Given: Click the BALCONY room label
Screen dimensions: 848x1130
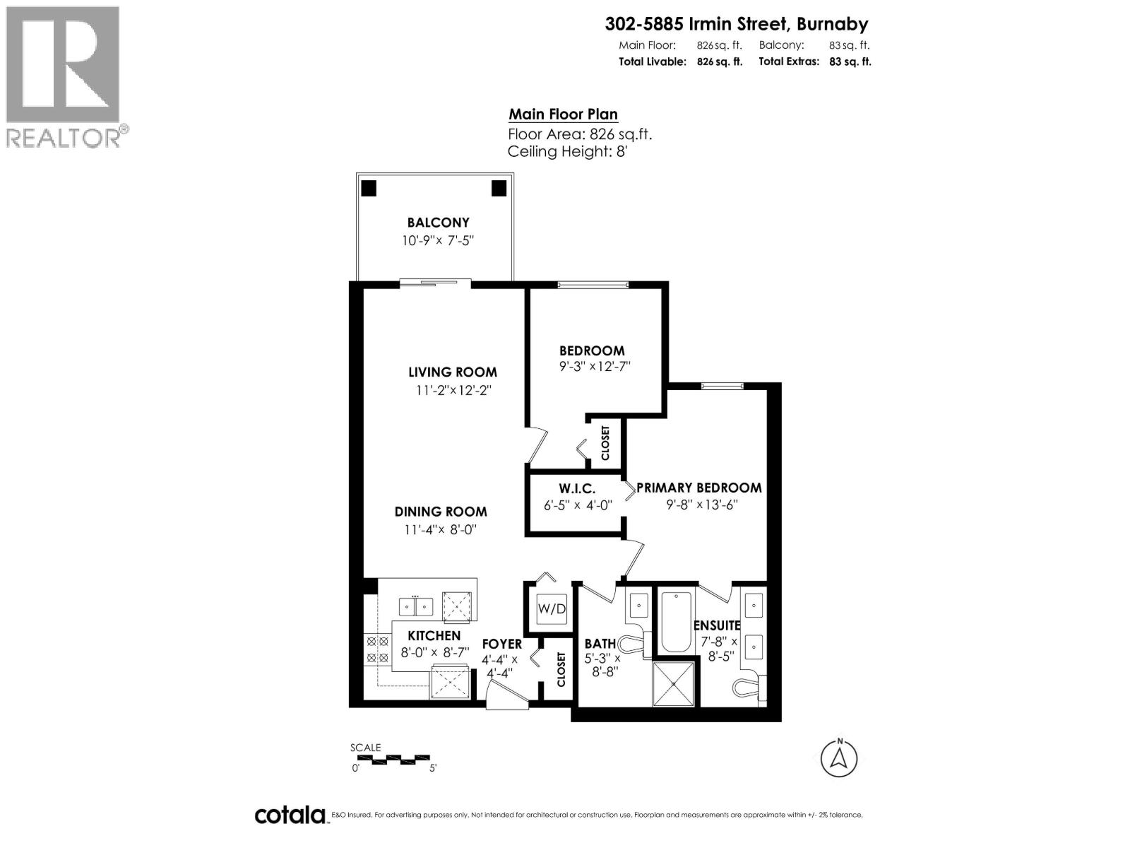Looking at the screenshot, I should tap(438, 223).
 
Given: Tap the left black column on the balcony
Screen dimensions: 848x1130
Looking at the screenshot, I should tap(369, 188).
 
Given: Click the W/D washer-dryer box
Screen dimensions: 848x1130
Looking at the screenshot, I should tap(551, 609).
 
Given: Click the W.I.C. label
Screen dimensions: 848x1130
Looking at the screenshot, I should tap(577, 488).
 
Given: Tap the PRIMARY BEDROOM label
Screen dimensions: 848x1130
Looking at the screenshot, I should tap(698, 488).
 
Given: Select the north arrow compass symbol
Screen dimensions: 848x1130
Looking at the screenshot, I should tap(839, 758).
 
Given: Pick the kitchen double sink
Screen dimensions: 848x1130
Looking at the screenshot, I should tap(415, 606).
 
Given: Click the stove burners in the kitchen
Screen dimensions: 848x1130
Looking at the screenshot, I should tap(376, 649).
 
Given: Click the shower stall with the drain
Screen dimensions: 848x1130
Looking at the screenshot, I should tap(674, 683).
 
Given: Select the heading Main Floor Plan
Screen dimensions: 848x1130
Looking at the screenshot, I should tap(563, 114).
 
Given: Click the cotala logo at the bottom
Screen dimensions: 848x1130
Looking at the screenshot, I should tap(290, 815).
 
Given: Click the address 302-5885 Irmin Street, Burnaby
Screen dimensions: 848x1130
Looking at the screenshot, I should tap(737, 24).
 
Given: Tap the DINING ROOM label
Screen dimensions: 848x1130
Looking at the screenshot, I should tap(440, 512).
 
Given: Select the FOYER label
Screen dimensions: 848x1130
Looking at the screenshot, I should tap(501, 644).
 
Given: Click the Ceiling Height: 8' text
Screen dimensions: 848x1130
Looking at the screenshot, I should tap(567, 151).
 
